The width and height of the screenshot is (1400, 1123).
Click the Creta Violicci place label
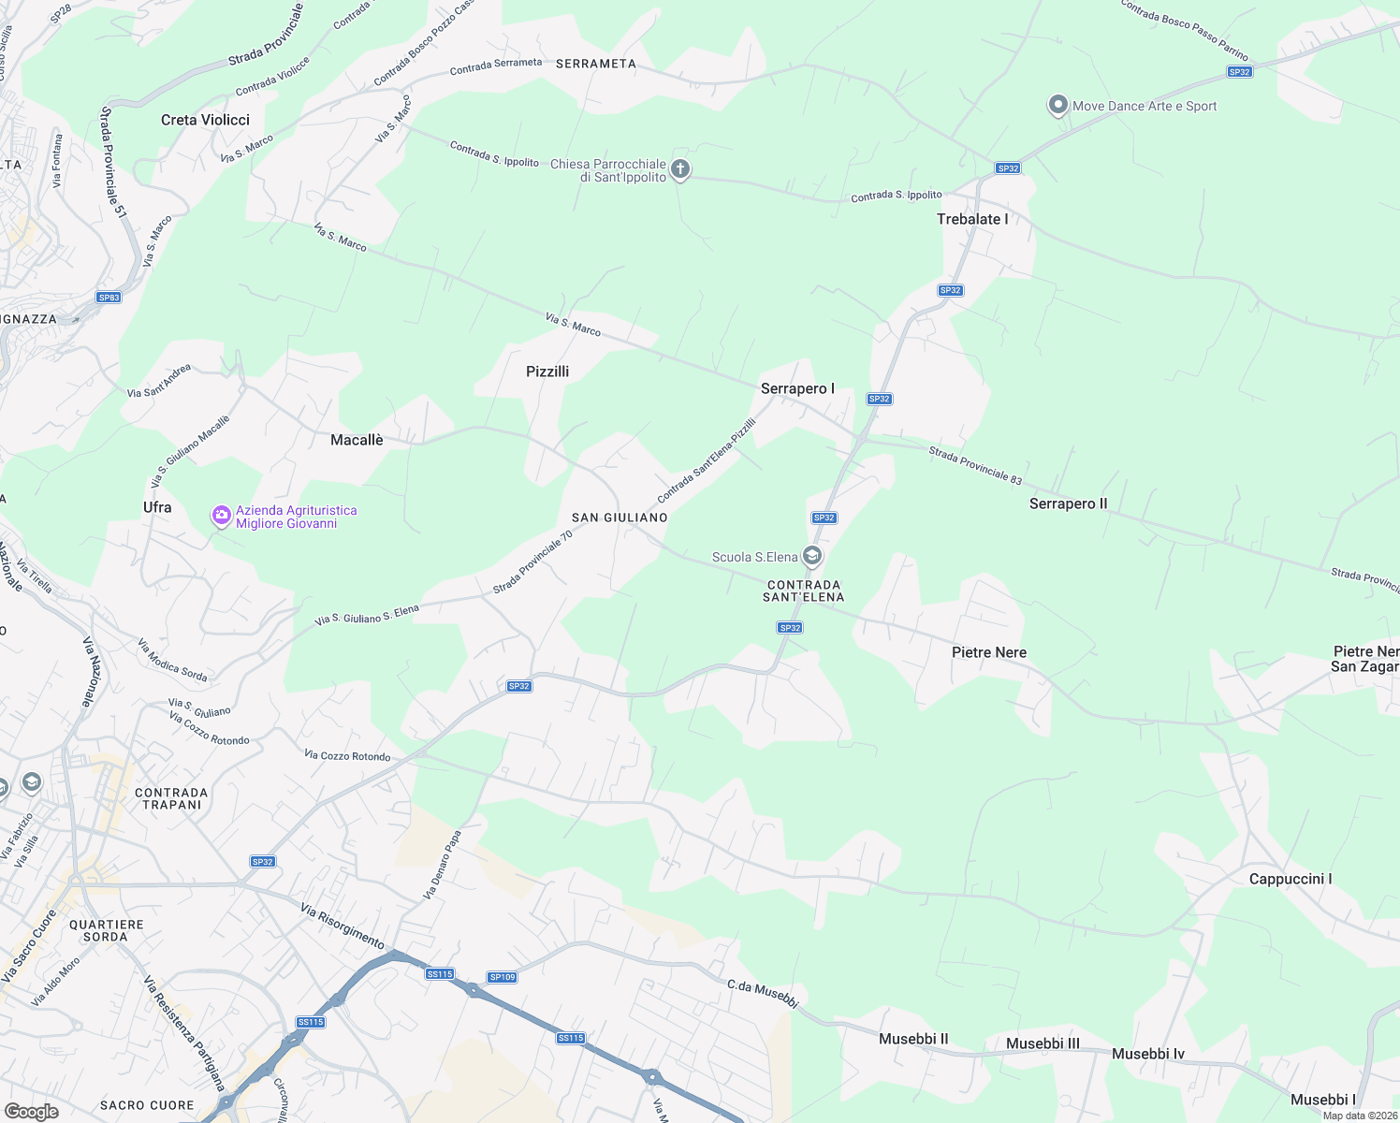pyautogui.click(x=205, y=120)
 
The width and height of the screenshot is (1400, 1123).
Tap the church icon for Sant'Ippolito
pyautogui.click(x=680, y=169)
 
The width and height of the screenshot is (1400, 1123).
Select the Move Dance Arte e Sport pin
pyautogui.click(x=1057, y=105)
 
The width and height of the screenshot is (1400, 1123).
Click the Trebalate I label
pyautogui.click(x=972, y=219)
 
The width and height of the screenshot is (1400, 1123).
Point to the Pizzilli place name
pyautogui.click(x=547, y=372)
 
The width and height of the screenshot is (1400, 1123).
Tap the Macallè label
pyautogui.click(x=357, y=440)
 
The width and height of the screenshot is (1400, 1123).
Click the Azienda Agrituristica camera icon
pyautogui.click(x=221, y=516)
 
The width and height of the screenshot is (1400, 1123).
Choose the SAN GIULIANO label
pyautogui.click(x=620, y=518)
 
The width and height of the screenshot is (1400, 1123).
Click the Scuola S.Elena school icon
pyautogui.click(x=812, y=557)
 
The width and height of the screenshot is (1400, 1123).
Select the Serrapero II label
pyautogui.click(x=1068, y=503)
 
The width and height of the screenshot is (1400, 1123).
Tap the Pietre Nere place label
pyautogui.click(x=988, y=652)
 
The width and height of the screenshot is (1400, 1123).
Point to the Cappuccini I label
pyautogui.click(x=1290, y=879)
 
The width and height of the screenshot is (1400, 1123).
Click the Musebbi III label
pyautogui.click(x=1043, y=1043)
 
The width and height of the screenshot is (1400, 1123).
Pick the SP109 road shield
pyautogui.click(x=503, y=977)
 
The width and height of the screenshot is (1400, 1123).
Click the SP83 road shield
pyautogui.click(x=109, y=298)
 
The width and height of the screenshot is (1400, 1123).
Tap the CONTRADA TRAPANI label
pyautogui.click(x=171, y=798)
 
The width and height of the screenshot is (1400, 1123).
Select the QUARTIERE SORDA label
pyautogui.click(x=106, y=930)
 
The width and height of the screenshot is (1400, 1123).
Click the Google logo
pyautogui.click(x=31, y=1111)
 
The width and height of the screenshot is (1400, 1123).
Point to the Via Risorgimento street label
pyautogui.click(x=343, y=925)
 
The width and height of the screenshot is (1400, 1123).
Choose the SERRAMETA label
pyautogui.click(x=595, y=64)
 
